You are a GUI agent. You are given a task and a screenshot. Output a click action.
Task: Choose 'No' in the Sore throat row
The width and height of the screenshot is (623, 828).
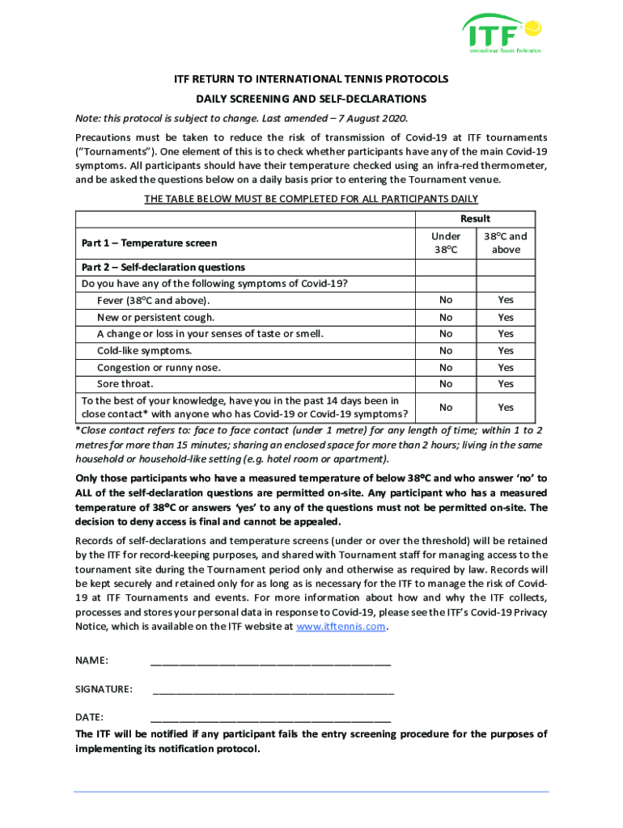point(446,384)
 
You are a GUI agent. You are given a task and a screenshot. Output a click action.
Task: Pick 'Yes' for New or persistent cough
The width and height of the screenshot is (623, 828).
point(506,317)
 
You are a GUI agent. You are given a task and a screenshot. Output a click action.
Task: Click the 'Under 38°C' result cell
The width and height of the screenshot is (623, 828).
point(446,243)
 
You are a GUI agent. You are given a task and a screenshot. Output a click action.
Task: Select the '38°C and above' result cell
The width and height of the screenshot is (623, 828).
point(506,243)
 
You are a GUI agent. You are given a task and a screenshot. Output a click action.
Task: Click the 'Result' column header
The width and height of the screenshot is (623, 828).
point(475,218)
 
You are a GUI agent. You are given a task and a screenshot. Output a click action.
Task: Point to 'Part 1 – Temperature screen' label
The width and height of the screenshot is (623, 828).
point(149,243)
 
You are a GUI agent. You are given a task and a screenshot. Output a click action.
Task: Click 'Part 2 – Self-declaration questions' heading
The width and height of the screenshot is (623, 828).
point(163,267)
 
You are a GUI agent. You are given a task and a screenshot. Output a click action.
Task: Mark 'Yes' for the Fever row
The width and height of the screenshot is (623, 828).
point(506,300)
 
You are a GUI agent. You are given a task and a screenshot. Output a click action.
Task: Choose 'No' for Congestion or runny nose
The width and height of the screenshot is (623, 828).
point(446,367)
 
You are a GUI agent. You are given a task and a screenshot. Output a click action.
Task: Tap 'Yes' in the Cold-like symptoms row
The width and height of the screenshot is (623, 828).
point(506,350)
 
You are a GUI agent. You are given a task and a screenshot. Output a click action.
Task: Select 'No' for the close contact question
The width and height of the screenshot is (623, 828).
point(446,408)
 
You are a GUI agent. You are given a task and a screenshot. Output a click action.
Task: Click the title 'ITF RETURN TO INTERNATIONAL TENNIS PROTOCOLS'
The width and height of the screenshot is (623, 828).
point(311,80)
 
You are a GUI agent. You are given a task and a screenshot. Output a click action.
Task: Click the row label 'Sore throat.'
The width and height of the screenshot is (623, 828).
point(125,384)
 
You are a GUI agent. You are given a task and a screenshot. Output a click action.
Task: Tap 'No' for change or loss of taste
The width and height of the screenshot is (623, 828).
point(446,334)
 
